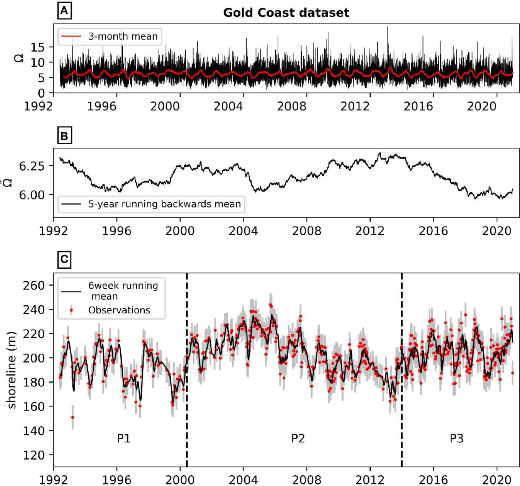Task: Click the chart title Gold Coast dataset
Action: click(286, 13)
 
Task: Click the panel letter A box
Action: click(64, 11)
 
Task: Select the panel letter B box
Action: click(64, 136)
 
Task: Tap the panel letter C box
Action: click(64, 259)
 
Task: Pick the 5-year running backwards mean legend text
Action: click(164, 204)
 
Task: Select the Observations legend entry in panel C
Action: click(119, 310)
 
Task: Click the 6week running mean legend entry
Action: click(123, 291)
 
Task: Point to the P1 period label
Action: click(124, 438)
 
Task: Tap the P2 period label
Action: click(298, 438)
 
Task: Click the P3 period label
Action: click(456, 438)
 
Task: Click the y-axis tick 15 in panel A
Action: click(38, 47)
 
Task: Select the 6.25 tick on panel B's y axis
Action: click(32, 166)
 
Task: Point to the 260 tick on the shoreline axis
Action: click(34, 285)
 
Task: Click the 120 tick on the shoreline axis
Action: click(34, 455)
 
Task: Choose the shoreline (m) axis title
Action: click(12, 370)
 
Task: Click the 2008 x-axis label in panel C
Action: click(306, 480)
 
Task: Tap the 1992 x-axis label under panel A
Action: click(38, 106)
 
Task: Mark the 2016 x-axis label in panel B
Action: click(433, 231)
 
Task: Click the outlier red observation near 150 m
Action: click(72, 418)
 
